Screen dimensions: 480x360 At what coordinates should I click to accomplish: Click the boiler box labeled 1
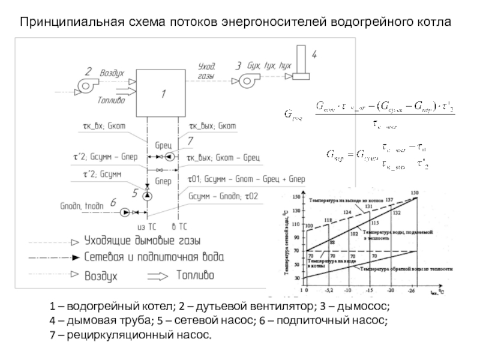pos(161,93)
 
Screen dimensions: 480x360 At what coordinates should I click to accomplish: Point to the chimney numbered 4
pos(300,68)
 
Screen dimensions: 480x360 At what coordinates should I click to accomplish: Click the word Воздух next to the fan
pos(112,72)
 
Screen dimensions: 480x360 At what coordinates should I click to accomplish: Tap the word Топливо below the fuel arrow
pos(111,101)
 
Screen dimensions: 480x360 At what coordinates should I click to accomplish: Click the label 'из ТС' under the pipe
pos(146,227)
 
